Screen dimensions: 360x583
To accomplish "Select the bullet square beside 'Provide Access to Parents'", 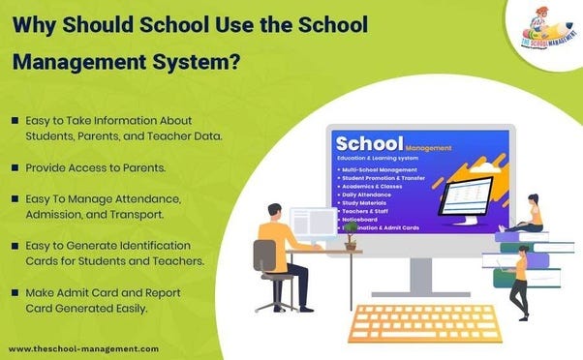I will (16, 167).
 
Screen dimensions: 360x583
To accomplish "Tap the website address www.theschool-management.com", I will (83, 347).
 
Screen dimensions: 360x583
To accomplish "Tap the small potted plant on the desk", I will (351, 242).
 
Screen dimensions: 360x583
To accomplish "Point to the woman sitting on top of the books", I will (532, 214).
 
